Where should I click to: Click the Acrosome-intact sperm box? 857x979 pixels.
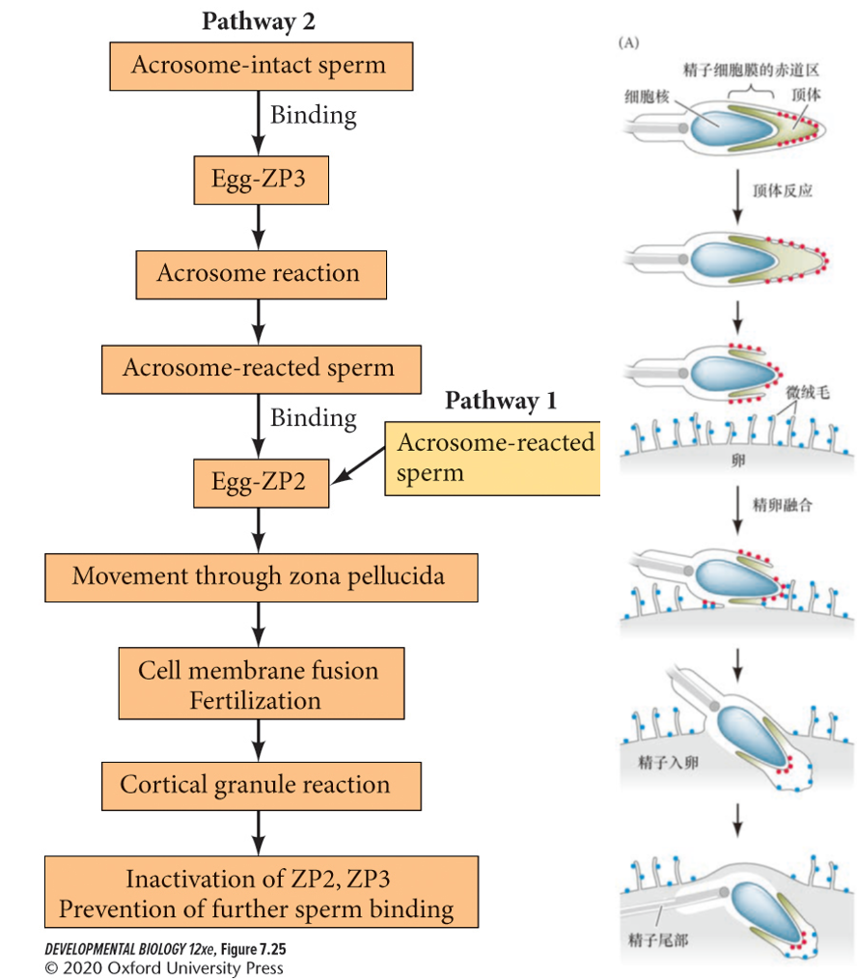(x=258, y=66)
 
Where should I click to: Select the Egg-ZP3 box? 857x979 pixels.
(x=261, y=180)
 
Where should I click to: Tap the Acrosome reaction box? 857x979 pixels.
(x=261, y=274)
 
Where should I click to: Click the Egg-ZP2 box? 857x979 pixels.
(x=261, y=482)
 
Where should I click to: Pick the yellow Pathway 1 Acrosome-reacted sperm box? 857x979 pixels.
(x=494, y=458)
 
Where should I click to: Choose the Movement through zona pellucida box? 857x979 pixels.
(x=261, y=577)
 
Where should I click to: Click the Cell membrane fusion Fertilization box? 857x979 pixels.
(x=261, y=685)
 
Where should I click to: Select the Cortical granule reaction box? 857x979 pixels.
(x=261, y=785)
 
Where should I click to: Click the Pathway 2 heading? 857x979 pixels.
(x=258, y=21)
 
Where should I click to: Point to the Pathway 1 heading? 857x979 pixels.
(x=500, y=401)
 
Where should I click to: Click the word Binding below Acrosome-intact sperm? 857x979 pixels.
(x=313, y=116)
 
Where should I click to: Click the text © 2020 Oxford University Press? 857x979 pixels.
(x=164, y=967)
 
